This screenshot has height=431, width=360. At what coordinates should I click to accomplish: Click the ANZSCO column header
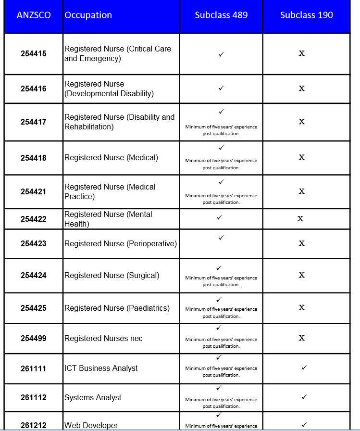point(34,15)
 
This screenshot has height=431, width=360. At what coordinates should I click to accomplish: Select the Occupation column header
point(88,15)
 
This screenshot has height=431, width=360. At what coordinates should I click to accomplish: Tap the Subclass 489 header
point(221,15)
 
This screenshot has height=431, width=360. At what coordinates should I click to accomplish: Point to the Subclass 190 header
point(306,15)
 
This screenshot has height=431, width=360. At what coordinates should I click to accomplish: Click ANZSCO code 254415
point(34,54)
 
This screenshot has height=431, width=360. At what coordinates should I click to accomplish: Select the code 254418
point(34,158)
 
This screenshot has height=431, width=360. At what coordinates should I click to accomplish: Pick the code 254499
point(34,339)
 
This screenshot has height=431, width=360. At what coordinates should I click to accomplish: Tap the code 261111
point(34,368)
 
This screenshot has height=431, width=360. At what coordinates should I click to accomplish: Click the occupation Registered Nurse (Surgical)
point(112,276)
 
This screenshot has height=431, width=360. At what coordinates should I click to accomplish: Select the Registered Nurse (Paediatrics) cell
point(117,308)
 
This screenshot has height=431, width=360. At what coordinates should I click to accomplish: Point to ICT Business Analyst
point(101,368)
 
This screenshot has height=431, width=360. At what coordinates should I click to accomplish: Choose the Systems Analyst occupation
point(93,398)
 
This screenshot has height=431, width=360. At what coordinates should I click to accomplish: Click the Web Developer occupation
point(91,425)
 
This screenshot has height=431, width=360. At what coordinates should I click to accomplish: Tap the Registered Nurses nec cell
point(103,339)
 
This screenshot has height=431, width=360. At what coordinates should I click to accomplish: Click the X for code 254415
point(302,53)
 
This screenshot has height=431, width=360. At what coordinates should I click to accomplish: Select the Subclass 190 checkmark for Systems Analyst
point(304,397)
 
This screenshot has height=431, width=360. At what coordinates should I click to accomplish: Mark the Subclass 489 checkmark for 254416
point(221,89)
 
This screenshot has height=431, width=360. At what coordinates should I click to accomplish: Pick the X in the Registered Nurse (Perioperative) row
point(302,243)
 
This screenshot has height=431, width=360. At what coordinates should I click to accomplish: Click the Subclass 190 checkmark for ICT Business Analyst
point(304,368)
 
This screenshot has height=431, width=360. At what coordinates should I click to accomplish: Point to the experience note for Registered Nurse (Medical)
point(221,164)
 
